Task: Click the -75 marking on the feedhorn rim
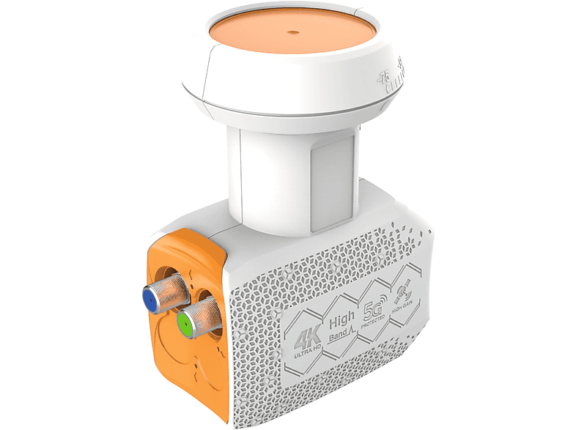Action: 385,76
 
